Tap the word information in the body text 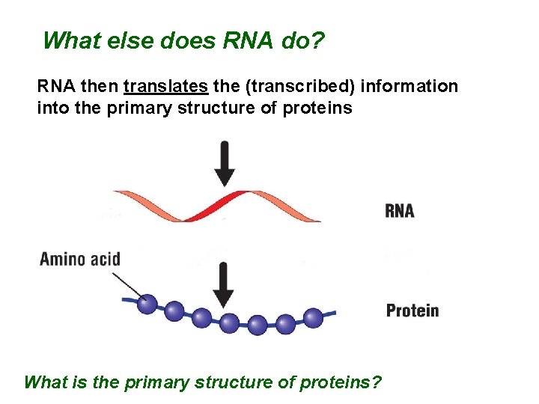click(x=409, y=87)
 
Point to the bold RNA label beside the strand click(x=400, y=211)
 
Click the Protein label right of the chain click(x=412, y=310)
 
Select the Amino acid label click(x=80, y=260)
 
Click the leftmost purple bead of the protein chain click(x=147, y=303)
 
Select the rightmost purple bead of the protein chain click(x=313, y=318)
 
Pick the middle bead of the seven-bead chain click(x=229, y=324)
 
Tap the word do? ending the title click(x=303, y=40)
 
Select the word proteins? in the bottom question click(x=340, y=383)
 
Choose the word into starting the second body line click(x=50, y=108)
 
